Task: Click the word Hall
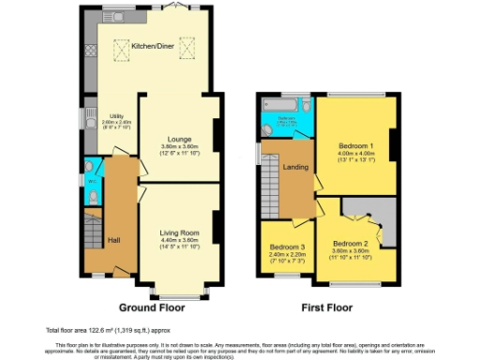tap(113, 240)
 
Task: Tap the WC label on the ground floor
tap(91, 181)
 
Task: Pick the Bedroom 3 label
tap(284, 247)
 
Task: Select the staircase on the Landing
tap(273, 178)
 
